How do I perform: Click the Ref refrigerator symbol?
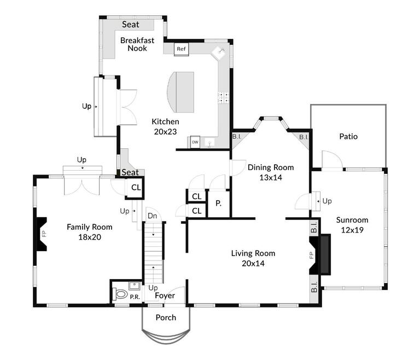(x=181, y=49)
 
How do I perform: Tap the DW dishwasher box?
(x=195, y=142)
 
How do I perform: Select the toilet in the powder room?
(x=120, y=294)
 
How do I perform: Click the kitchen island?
(x=180, y=92)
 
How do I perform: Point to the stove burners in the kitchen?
(x=223, y=97)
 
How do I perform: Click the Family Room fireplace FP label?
(x=44, y=234)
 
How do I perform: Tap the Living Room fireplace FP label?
(x=311, y=255)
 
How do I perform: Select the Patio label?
(x=348, y=136)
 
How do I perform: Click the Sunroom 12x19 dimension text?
(x=352, y=230)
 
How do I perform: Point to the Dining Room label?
(x=271, y=167)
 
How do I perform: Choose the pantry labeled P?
(x=219, y=204)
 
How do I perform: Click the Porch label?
(x=166, y=318)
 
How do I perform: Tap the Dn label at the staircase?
(x=152, y=216)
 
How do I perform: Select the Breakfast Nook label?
(x=137, y=44)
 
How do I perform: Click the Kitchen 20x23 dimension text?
(x=165, y=132)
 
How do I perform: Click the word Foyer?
(x=165, y=295)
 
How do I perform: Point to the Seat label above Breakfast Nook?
(x=131, y=25)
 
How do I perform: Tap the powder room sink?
(x=135, y=286)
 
